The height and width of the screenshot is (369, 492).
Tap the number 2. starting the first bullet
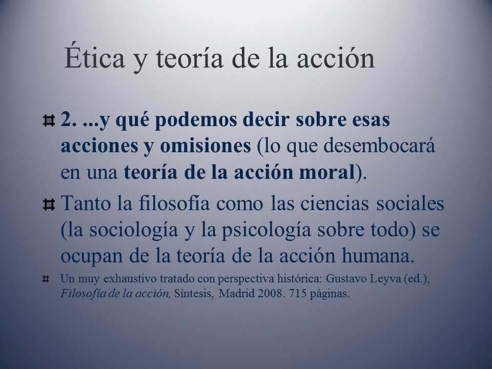point(68,120)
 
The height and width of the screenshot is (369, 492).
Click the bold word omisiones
point(206,146)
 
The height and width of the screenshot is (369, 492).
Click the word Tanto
point(86,203)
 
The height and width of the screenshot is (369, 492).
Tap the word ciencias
point(335,203)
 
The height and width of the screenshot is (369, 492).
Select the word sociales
point(410,203)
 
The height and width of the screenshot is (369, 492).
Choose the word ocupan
point(91,257)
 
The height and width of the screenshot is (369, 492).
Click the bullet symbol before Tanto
point(49,204)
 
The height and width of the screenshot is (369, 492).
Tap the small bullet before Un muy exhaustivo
point(46,279)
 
